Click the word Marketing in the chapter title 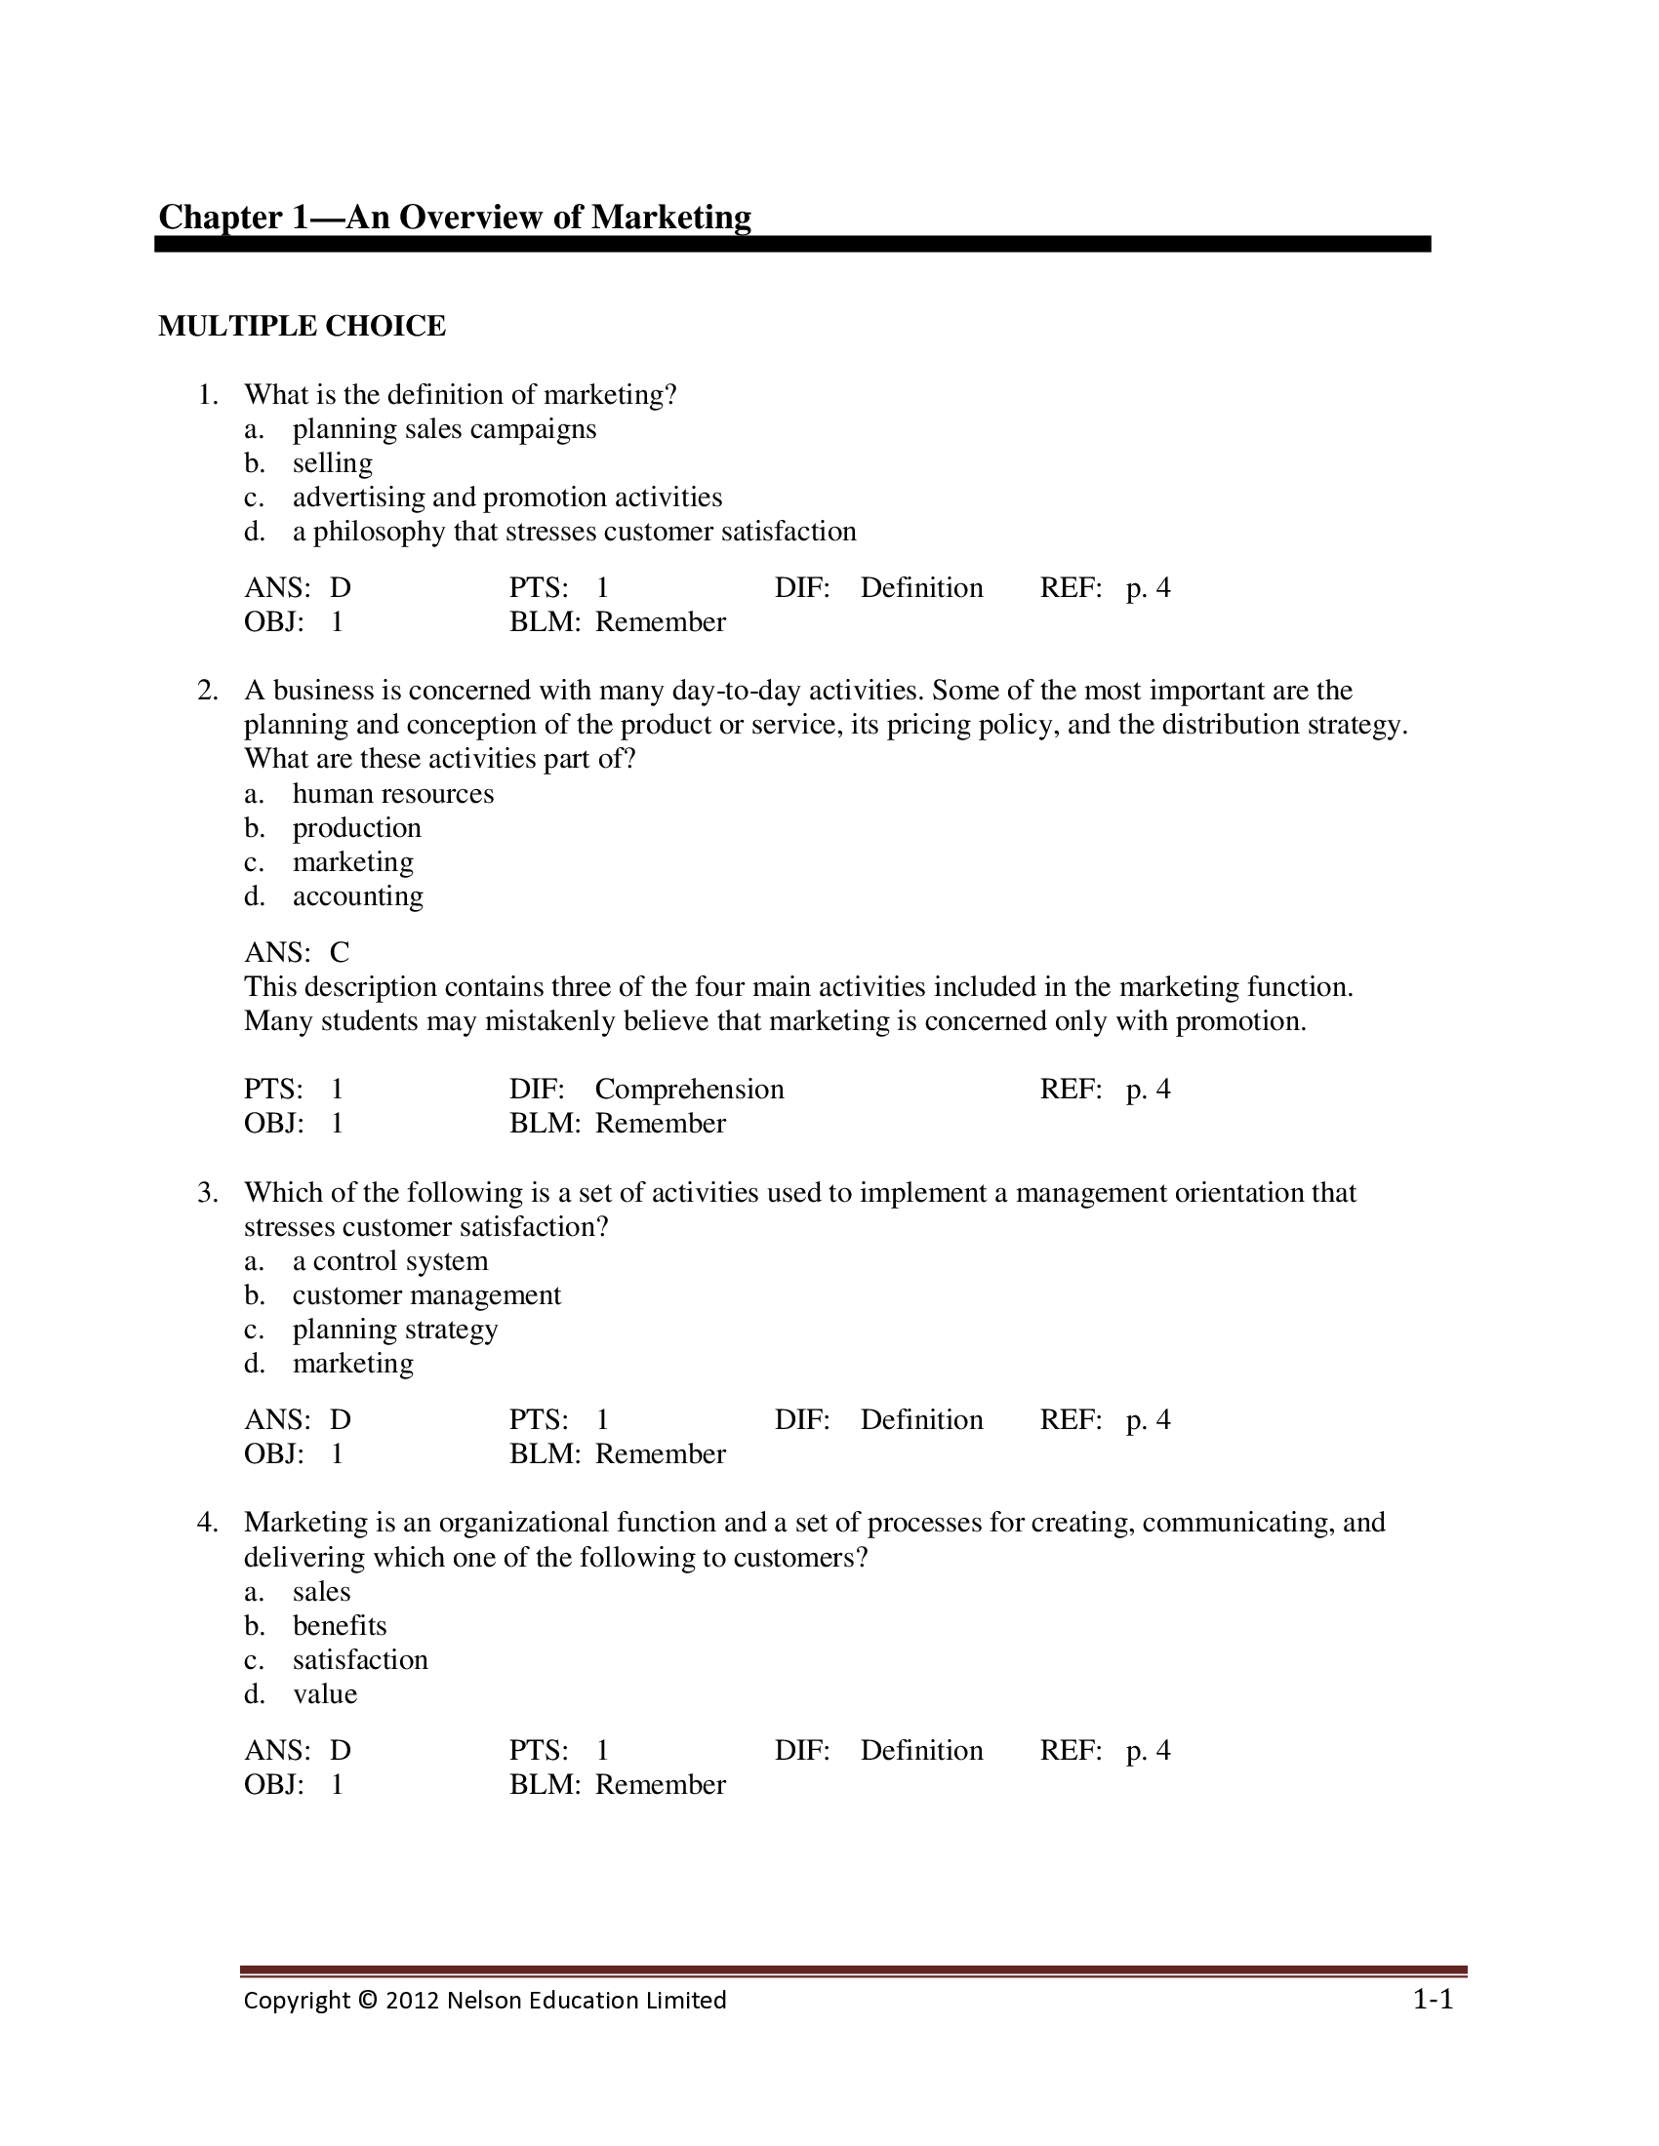tap(671, 218)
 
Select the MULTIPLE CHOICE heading tap(302, 326)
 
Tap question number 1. tap(207, 395)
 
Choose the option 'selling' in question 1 tap(332, 462)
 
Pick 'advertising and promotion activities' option tap(507, 497)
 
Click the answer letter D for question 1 tap(340, 587)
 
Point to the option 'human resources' tap(393, 793)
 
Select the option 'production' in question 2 tap(357, 827)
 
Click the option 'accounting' tap(358, 896)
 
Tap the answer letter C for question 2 tap(340, 952)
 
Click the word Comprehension tap(689, 1089)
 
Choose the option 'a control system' tap(390, 1260)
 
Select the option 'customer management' tap(426, 1295)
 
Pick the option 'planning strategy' tap(395, 1330)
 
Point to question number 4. tap(207, 1522)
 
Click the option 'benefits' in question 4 tap(339, 1625)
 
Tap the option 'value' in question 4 tap(324, 1694)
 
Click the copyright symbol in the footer tap(368, 2001)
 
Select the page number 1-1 tap(1433, 2000)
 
